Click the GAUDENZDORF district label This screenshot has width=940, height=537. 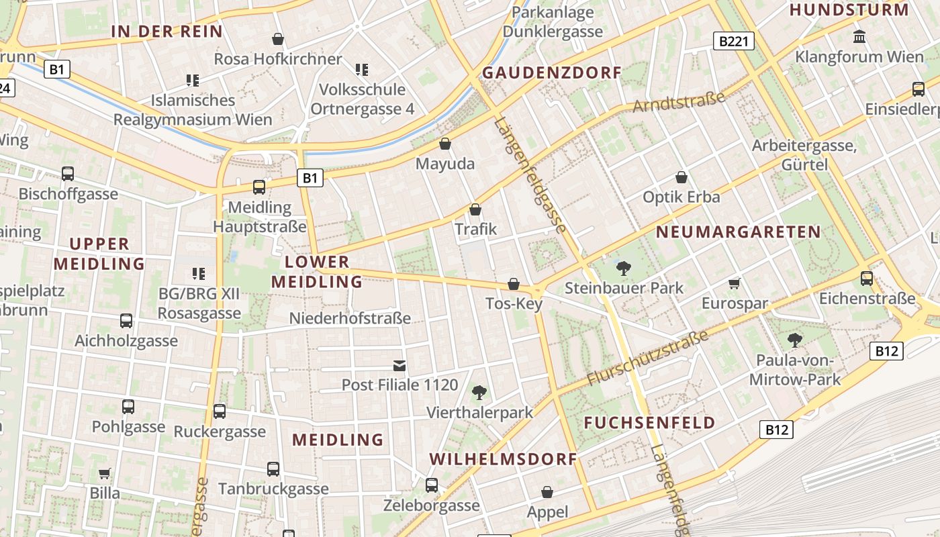coord(552,72)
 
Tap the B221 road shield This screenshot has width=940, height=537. coord(733,42)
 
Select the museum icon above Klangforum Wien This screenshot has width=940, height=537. coord(859,36)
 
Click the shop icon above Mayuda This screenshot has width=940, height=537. coord(444,144)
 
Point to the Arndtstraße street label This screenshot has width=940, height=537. coord(679,102)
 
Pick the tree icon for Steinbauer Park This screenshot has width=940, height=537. coord(624,268)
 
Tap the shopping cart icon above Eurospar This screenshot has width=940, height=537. coord(735,283)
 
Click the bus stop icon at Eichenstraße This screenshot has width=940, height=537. coord(867,278)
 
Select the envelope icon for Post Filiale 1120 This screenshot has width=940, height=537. coord(399,365)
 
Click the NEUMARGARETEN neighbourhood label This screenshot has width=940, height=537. coord(738,232)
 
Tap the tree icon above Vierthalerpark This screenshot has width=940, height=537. coord(479,392)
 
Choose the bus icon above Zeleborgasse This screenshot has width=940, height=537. coord(432,485)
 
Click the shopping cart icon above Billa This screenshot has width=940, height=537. coord(104,474)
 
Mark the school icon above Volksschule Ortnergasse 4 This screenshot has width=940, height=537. coord(362,69)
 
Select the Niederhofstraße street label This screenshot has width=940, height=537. coord(350,318)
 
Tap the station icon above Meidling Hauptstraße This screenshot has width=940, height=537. coord(259,187)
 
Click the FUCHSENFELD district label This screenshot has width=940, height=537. coord(649,423)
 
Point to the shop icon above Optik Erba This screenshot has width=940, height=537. coord(681,177)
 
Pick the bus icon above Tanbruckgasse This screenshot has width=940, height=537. coord(273,469)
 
